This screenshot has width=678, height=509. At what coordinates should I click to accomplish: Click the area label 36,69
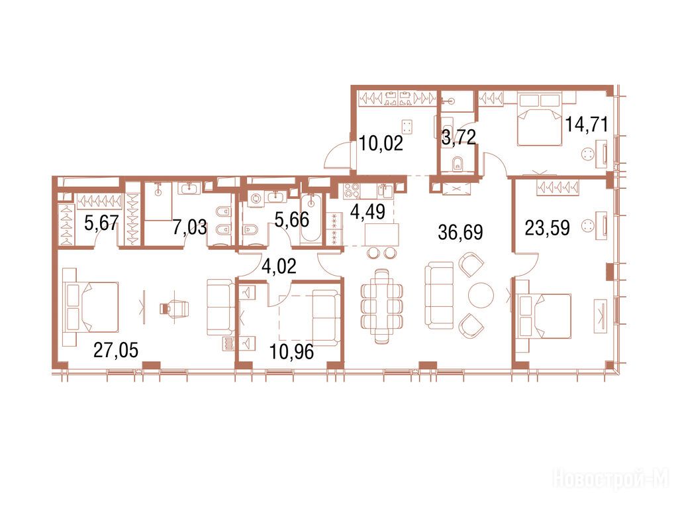click(460, 233)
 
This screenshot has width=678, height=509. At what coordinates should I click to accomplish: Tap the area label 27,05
click(116, 350)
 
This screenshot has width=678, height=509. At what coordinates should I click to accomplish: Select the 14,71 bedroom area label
click(587, 125)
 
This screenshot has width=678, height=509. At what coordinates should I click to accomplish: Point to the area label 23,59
click(547, 228)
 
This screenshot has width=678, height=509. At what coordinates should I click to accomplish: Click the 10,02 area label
click(381, 143)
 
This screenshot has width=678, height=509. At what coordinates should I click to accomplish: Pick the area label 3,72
click(458, 138)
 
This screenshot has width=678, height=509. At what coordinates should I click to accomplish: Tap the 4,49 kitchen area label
click(367, 211)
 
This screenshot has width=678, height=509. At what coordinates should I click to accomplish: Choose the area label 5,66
click(292, 219)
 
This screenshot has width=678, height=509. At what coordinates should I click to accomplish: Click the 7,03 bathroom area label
click(190, 227)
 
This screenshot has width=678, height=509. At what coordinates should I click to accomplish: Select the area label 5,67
click(101, 223)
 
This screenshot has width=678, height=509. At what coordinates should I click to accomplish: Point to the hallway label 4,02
click(279, 266)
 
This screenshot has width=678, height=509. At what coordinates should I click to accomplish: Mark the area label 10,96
click(291, 352)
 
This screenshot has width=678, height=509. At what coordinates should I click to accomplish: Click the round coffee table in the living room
click(481, 295)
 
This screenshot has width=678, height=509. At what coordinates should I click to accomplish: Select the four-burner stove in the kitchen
click(351, 190)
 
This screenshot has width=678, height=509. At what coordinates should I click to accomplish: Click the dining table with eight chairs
click(382, 306)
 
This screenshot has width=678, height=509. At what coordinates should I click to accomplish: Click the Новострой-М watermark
click(610, 480)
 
